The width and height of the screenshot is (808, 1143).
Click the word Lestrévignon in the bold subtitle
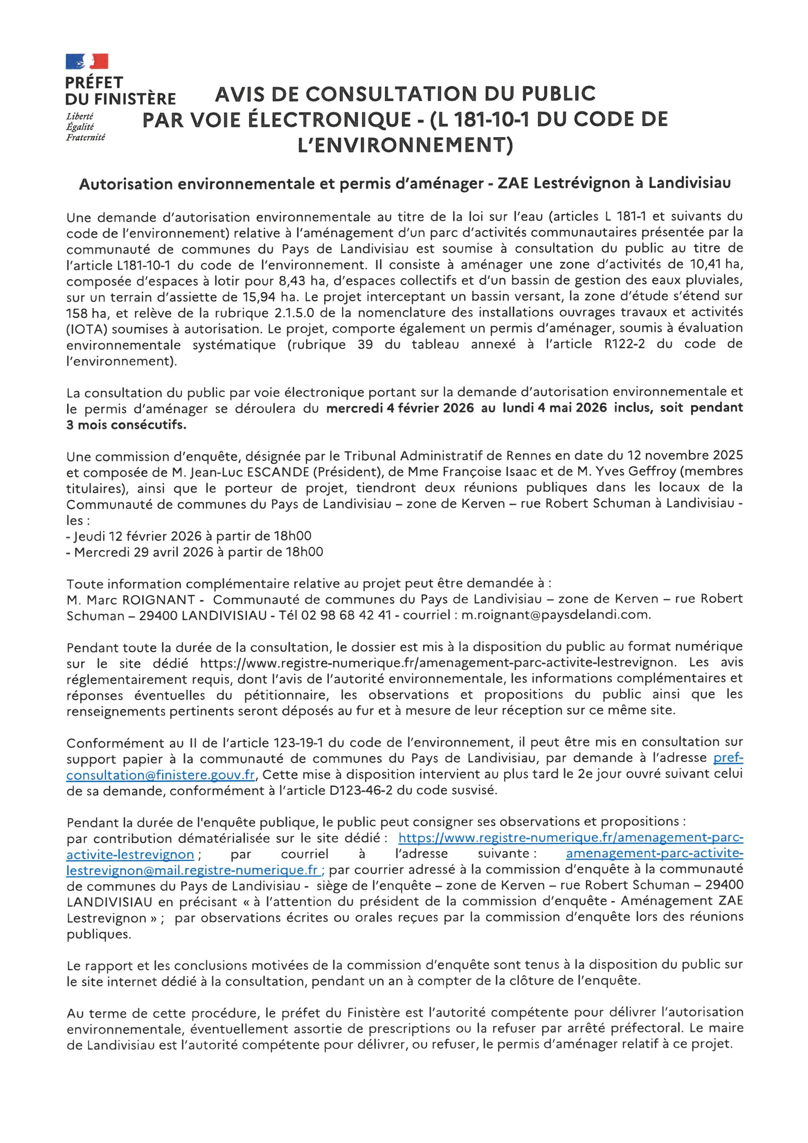click(x=581, y=184)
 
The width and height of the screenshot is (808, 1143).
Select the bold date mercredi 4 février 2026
click(x=400, y=408)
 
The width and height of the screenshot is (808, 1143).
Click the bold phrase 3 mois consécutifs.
click(x=126, y=425)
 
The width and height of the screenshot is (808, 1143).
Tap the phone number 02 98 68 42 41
click(x=346, y=615)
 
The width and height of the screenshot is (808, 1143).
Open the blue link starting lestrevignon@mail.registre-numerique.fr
click(x=192, y=870)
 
